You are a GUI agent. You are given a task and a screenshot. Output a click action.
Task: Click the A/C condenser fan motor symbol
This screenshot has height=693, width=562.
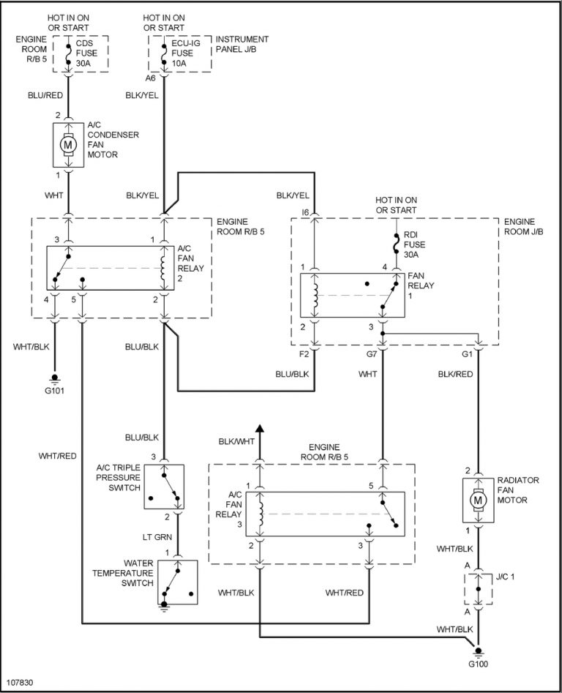(68, 144)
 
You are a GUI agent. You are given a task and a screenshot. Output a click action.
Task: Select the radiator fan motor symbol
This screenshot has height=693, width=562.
(478, 500)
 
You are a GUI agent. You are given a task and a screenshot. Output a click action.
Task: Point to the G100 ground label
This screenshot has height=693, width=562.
(477, 664)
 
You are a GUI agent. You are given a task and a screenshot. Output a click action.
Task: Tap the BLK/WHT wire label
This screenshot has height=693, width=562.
(236, 441)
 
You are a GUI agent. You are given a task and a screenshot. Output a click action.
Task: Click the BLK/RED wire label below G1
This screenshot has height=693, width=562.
(455, 373)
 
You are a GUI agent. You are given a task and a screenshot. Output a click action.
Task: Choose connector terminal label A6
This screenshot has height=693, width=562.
(150, 78)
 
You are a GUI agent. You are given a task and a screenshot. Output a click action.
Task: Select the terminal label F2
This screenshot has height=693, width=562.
(304, 354)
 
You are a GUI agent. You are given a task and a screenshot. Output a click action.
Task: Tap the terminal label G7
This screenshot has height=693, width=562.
(372, 354)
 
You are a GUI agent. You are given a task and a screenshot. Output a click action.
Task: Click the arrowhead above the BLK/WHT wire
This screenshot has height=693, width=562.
(259, 428)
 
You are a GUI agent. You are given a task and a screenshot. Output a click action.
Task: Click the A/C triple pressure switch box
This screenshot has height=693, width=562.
(164, 487)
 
